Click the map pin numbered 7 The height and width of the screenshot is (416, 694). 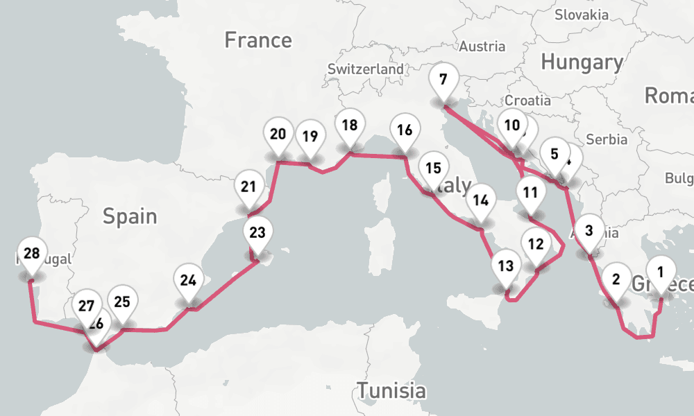[443, 80]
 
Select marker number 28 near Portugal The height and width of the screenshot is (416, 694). [31, 254]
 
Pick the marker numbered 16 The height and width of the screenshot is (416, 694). [405, 130]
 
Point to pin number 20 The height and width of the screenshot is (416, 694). [278, 135]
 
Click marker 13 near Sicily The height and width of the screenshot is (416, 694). [506, 266]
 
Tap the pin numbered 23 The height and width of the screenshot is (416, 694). [257, 233]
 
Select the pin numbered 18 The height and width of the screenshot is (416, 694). [350, 126]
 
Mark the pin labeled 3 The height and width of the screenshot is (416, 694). [589, 232]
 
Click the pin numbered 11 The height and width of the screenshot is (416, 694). [531, 193]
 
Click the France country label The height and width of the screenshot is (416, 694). [258, 40]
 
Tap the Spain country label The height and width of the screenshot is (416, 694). [130, 216]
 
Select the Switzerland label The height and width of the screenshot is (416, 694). [365, 69]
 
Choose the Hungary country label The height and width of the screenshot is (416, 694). [582, 62]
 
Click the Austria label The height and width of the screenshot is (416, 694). [483, 46]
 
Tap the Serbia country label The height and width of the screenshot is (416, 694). [607, 139]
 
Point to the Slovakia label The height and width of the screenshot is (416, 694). [582, 14]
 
